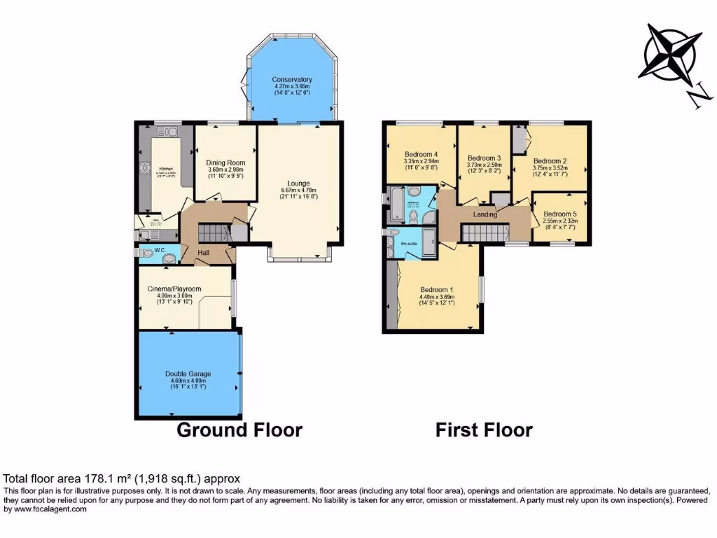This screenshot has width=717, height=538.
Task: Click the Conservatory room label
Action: click(292, 79)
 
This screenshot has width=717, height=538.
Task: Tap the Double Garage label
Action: click(188, 374)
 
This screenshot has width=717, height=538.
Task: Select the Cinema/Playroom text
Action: click(174, 289)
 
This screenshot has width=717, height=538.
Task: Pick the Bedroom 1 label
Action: click(438, 289)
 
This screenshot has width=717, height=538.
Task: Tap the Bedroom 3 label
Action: click(485, 158)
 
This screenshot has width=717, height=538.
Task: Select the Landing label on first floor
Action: click(485, 214)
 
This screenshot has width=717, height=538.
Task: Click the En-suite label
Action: click(409, 244)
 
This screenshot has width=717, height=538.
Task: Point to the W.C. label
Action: click(160, 250)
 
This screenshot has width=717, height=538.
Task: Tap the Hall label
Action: click(204, 252)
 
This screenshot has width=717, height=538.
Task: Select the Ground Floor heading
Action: click(239, 429)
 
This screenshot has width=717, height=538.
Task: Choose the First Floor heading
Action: click(484, 429)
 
